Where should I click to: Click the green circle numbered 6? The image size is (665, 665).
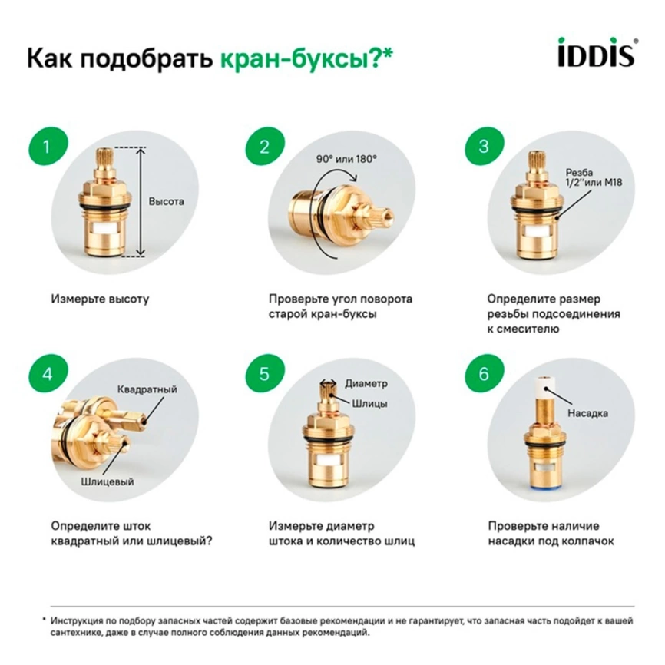click(x=483, y=375)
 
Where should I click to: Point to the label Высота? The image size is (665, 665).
click(x=167, y=202)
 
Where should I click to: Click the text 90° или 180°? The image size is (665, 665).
click(x=346, y=159)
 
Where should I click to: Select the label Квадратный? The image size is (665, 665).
click(x=147, y=389)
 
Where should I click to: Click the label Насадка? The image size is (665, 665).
click(x=587, y=413)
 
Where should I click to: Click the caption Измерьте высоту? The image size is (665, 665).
click(x=100, y=298)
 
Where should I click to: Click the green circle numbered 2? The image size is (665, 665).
click(x=264, y=147)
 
